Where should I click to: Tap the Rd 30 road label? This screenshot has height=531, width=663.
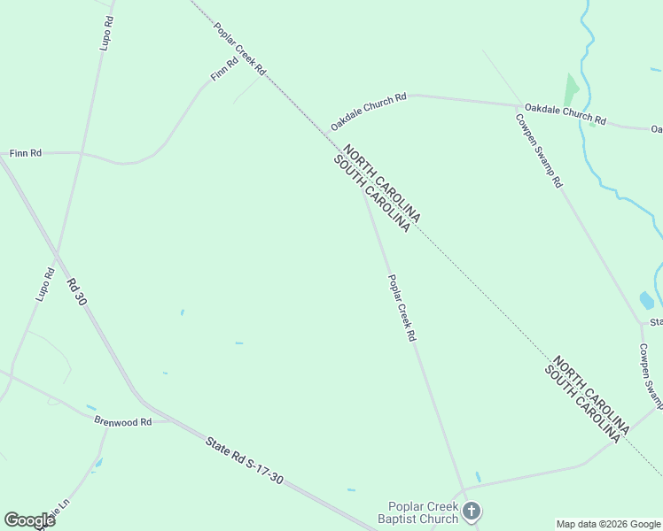click(x=77, y=293)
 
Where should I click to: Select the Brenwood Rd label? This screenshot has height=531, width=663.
click(x=123, y=422)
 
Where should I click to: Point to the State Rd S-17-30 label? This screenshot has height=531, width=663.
click(x=244, y=460)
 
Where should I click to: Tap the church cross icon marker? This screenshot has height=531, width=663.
click(x=472, y=511)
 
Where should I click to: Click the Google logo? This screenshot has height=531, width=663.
click(x=29, y=520)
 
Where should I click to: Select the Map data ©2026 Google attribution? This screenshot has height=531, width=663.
click(x=609, y=524)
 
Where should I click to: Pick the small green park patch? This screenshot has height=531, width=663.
click(x=571, y=89)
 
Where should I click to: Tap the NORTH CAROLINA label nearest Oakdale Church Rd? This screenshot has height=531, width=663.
click(x=382, y=183)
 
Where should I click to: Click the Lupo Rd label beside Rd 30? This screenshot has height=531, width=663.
click(x=45, y=284)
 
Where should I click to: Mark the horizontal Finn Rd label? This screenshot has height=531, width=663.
click(x=26, y=153)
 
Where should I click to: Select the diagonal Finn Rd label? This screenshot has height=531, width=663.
click(x=224, y=70)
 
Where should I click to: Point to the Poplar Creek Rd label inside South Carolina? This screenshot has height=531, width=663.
click(x=402, y=308)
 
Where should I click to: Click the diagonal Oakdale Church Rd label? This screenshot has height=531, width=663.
click(x=368, y=112)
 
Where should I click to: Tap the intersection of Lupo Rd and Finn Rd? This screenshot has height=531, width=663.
click(x=82, y=153)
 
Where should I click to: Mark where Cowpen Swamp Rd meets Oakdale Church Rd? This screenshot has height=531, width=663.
click(x=518, y=105)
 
